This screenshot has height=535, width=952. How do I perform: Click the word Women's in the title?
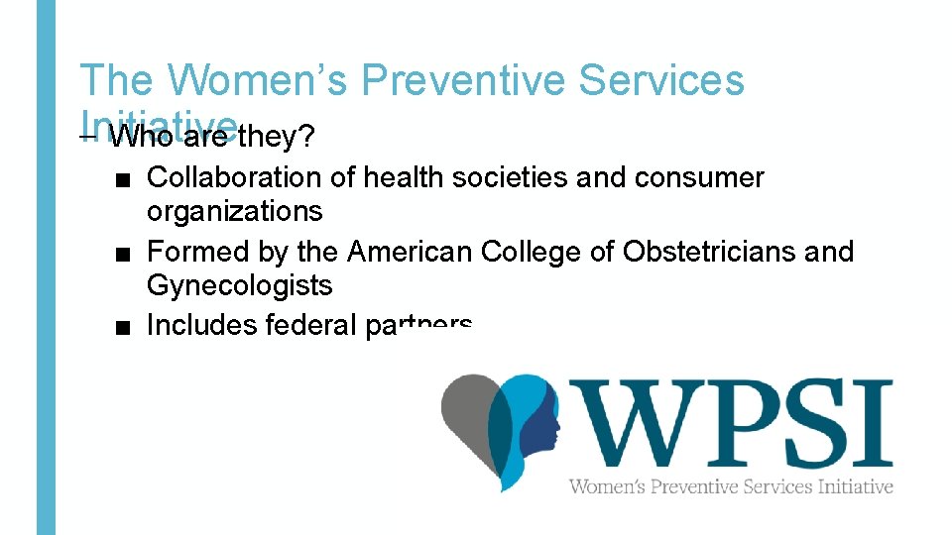[260, 80]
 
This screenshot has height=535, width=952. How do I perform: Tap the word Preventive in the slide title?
[463, 80]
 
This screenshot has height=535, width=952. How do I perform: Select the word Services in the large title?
[661, 80]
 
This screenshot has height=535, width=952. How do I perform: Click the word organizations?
[234, 211]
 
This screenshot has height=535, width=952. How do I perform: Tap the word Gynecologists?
[239, 285]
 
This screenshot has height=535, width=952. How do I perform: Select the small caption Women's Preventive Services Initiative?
[730, 485]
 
